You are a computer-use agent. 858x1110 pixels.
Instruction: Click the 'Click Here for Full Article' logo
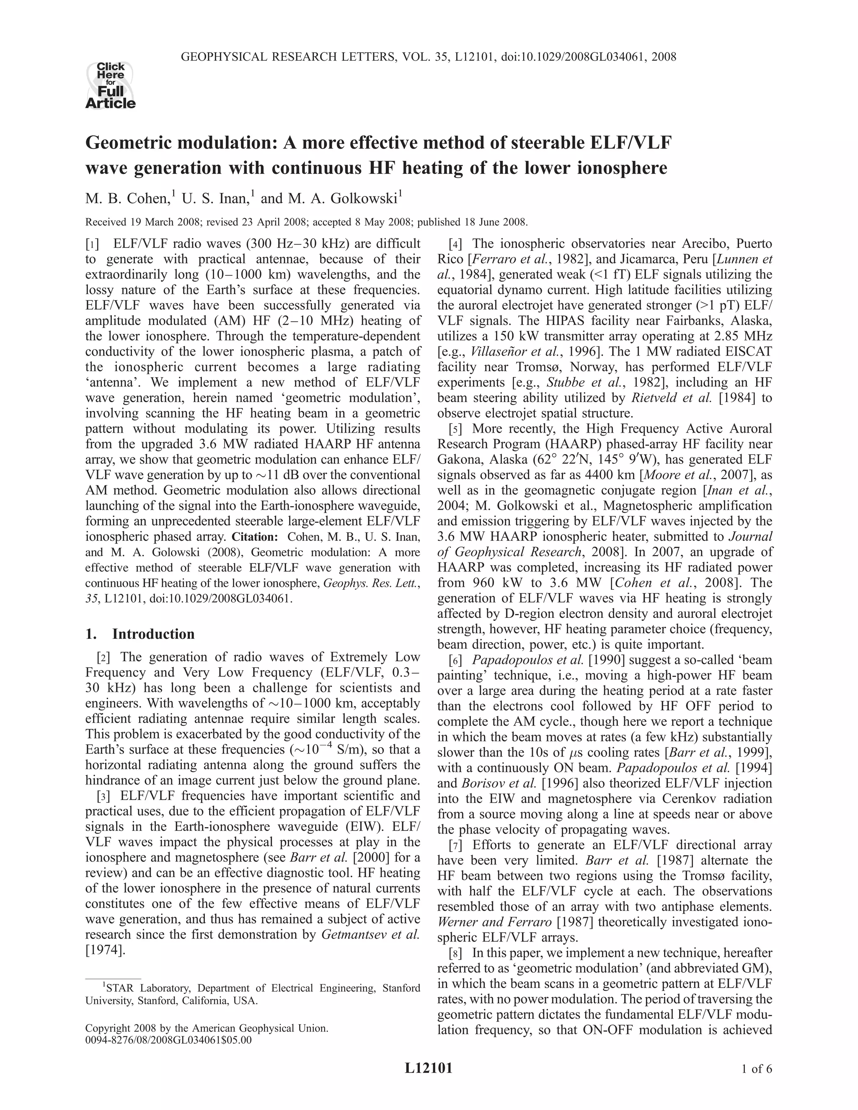[x=110, y=85]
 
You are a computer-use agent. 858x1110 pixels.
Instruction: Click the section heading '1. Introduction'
[x=140, y=634]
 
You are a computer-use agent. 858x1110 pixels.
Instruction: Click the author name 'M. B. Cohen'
[x=127, y=198]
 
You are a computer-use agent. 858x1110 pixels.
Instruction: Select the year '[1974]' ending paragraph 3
[x=105, y=950]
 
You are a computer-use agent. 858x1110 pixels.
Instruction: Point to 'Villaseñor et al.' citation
[x=510, y=352]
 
